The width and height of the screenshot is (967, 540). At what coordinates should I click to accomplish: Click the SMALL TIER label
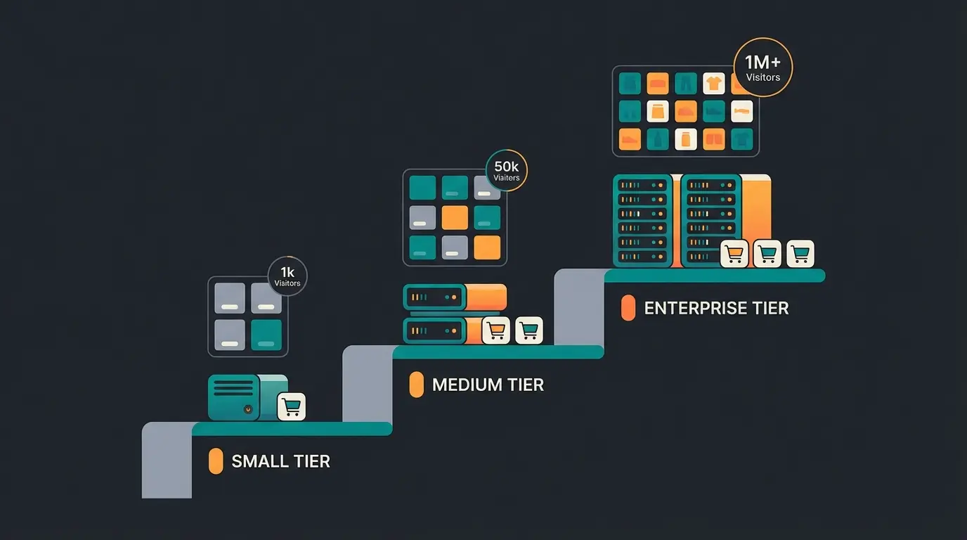[280, 461]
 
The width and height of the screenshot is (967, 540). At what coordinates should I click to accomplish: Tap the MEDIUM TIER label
[488, 385]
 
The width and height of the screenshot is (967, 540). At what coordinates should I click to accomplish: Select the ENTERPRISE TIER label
[716, 308]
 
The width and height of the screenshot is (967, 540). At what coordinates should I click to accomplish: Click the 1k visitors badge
[287, 276]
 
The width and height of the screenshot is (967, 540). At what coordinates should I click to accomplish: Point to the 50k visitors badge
[506, 170]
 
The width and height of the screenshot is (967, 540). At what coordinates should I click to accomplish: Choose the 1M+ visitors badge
[762, 67]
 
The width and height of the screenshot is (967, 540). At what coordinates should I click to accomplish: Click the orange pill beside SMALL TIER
[216, 461]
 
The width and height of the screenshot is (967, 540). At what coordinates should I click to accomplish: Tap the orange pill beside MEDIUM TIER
[416, 385]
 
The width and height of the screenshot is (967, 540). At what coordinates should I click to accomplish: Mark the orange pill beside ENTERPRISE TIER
[628, 308]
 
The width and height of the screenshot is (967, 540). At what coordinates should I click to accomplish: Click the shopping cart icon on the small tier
[291, 406]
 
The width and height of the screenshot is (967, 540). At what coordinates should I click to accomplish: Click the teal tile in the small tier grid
[266, 335]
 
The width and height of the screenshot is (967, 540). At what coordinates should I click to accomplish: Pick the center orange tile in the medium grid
[455, 217]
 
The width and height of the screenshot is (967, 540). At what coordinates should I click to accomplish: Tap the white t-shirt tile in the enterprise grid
[713, 84]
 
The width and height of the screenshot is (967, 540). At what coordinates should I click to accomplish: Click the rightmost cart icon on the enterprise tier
[800, 253]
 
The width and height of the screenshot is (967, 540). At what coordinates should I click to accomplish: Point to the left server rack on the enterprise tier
[642, 221]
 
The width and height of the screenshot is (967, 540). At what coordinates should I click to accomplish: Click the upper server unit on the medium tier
[435, 297]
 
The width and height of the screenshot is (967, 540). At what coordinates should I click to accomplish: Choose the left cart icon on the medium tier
[496, 330]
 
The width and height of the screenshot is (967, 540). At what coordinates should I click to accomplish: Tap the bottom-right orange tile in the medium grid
[487, 247]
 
